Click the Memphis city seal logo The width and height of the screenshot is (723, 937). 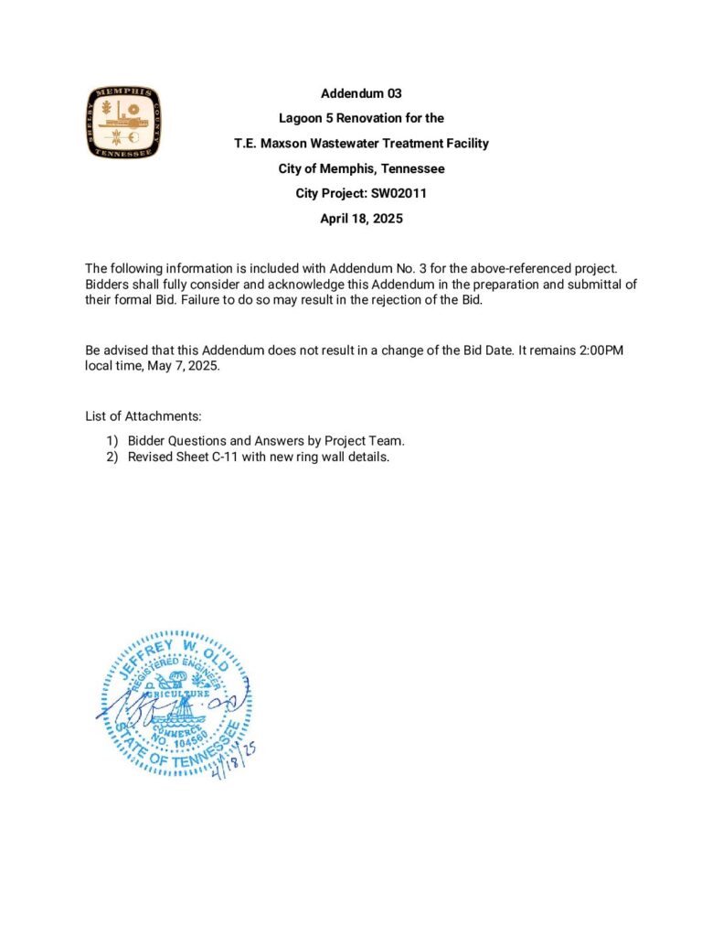pyautogui.click(x=124, y=122)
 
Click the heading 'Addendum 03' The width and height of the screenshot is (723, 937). pyautogui.click(x=361, y=93)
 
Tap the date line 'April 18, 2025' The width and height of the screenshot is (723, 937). pyautogui.click(x=361, y=219)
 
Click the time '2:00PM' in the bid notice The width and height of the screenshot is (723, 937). pyautogui.click(x=601, y=350)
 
